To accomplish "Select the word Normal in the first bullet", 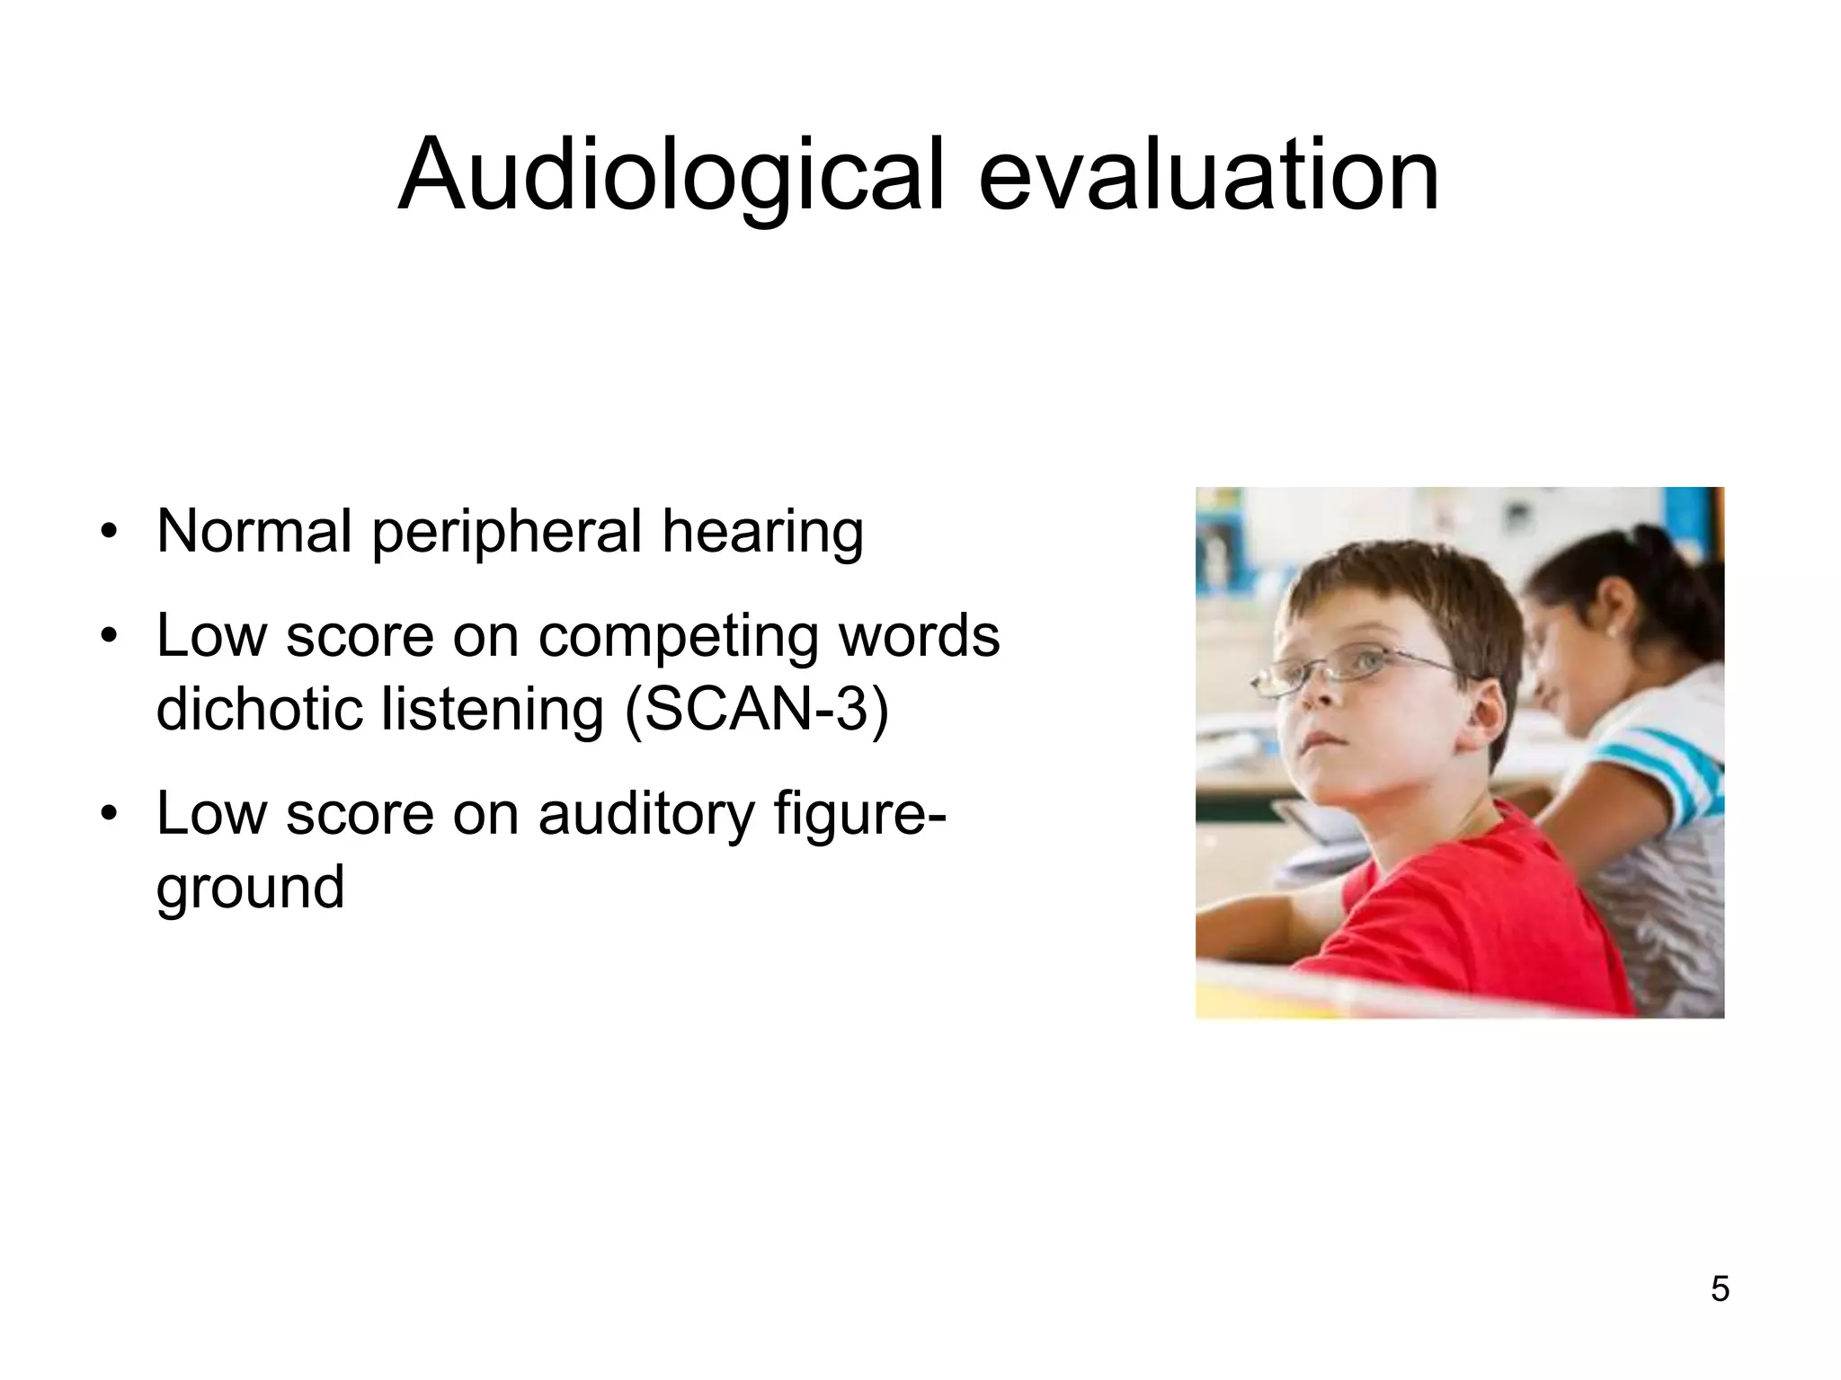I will tap(253, 531).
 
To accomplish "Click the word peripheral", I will tap(506, 533).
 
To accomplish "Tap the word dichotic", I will tap(260, 709).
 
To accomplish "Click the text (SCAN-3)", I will tap(756, 709).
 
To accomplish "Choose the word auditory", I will tap(646, 814).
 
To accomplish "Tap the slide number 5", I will tap(1720, 1289).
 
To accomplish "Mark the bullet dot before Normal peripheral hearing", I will tap(109, 532).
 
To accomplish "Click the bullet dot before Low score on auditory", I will tap(109, 814).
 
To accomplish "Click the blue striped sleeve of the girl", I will tap(1663, 764).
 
